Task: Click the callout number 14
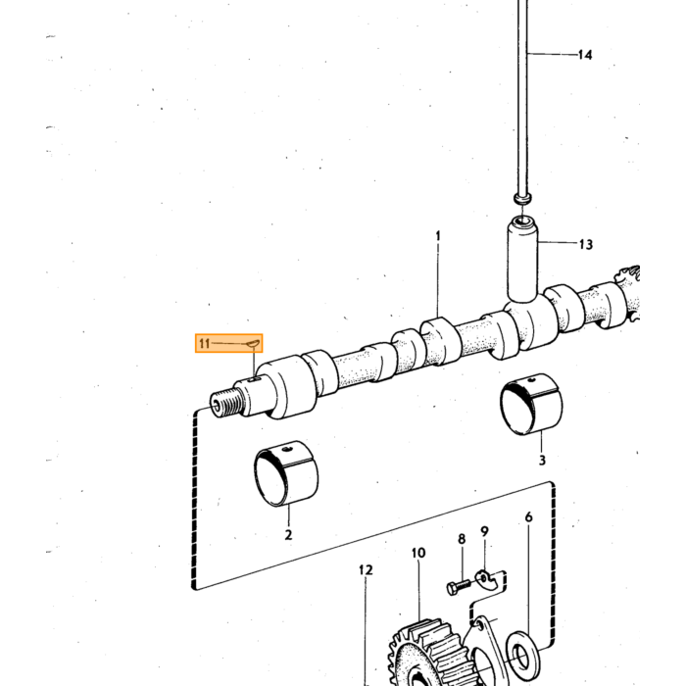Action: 585,55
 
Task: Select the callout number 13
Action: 586,244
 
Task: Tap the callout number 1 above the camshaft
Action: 438,236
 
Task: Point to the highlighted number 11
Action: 204,343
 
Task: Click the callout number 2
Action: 288,535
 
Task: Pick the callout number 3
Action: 542,461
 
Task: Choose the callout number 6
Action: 529,517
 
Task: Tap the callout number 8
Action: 462,539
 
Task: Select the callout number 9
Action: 484,531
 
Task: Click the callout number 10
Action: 418,553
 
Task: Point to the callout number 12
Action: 366,570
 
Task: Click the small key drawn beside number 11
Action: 253,345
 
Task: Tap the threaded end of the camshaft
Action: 225,404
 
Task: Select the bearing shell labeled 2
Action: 286,473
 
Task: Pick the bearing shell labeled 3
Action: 531,405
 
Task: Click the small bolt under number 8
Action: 458,586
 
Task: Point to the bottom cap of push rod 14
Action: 522,198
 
